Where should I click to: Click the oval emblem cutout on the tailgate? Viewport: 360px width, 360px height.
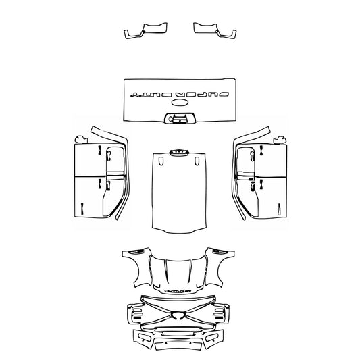coord(180,103)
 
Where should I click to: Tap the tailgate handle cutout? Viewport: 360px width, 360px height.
coord(180,119)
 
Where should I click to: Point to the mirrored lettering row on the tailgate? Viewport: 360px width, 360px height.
coord(180,92)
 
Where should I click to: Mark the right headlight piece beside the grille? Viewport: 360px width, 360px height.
coord(222,313)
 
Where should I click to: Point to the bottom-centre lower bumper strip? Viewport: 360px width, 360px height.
coord(179,346)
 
